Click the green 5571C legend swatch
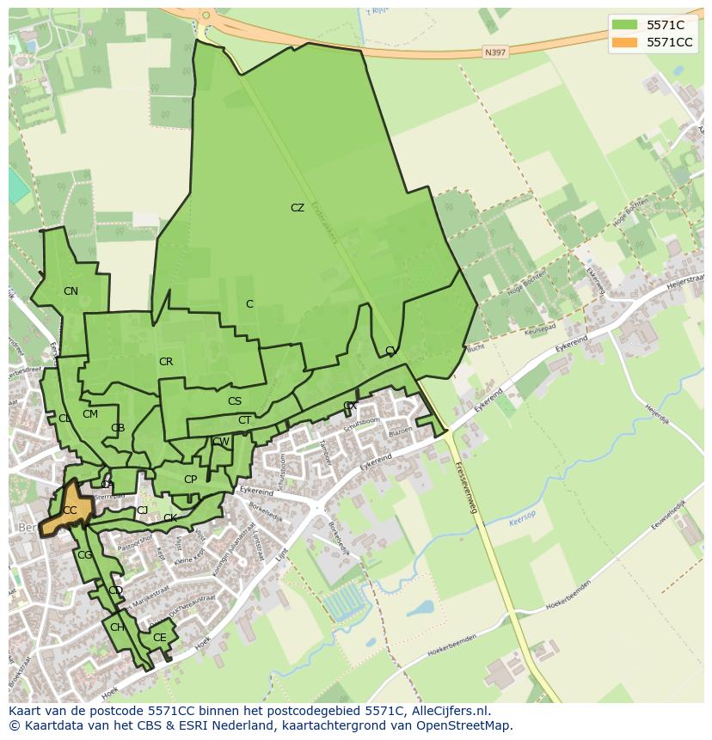(x=625, y=25)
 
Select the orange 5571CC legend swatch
(x=625, y=42)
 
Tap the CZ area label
(x=298, y=208)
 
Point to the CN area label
(x=71, y=291)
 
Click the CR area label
(x=166, y=362)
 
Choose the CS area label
(x=235, y=401)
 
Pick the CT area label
(x=245, y=420)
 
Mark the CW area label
(x=221, y=442)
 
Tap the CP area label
(x=190, y=480)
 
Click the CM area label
(x=90, y=414)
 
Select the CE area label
(x=159, y=638)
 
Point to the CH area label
(x=117, y=627)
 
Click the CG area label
(x=84, y=555)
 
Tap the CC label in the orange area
(x=70, y=511)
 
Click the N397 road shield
(x=494, y=52)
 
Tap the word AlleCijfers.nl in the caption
(x=448, y=711)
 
